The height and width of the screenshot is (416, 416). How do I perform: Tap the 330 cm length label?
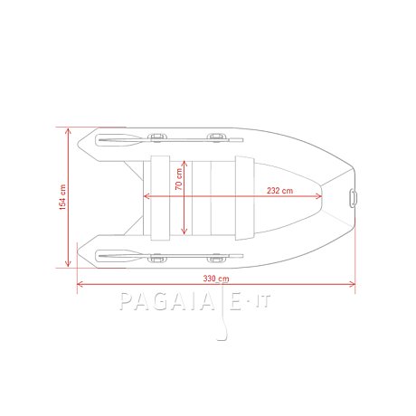pos(216,279)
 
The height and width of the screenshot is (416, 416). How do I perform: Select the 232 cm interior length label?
pos(279,191)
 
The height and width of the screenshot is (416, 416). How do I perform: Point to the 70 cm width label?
pos(180,178)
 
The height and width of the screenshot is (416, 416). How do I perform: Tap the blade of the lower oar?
pos(112,257)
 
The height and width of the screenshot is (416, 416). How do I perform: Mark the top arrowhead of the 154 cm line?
pos(68,130)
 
